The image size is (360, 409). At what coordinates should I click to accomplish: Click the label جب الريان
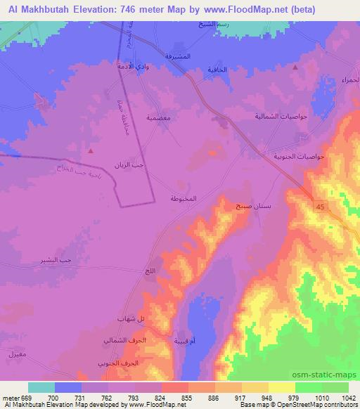129,167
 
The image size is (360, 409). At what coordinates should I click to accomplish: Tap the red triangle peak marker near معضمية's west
91,150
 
